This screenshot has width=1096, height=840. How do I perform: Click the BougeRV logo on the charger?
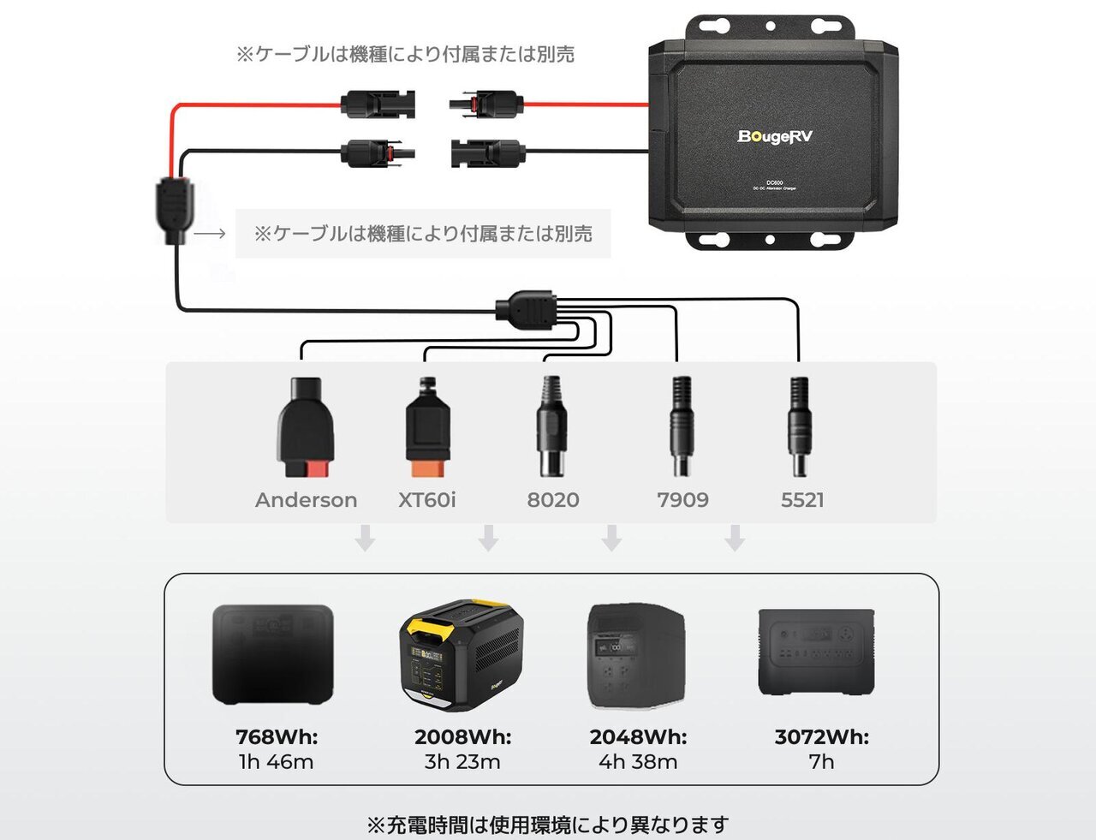pyautogui.click(x=775, y=137)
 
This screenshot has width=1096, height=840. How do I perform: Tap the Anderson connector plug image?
pyautogui.click(x=305, y=427)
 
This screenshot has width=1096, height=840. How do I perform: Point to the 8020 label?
pyautogui.click(x=553, y=500)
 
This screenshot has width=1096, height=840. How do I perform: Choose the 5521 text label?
pyautogui.click(x=802, y=500)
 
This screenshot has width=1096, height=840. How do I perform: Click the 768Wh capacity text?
pyautogui.click(x=277, y=737)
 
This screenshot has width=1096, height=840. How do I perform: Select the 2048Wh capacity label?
pyautogui.click(x=638, y=737)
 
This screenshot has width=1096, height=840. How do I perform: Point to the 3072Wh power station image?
pyautogui.click(x=816, y=652)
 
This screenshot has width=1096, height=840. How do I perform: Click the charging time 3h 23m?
pyautogui.click(x=462, y=762)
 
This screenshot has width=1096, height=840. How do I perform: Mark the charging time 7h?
pyautogui.click(x=821, y=762)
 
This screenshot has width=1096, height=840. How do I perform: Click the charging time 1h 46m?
pyautogui.click(x=277, y=762)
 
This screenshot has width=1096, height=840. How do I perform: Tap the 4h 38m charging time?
pyautogui.click(x=638, y=762)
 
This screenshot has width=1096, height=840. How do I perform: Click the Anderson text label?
pyautogui.click(x=306, y=500)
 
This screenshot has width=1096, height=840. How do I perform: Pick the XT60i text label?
pyautogui.click(x=427, y=500)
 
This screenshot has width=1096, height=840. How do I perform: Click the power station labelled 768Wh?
pyautogui.click(x=273, y=654)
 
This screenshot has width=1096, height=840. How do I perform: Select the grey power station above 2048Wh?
pyautogui.click(x=636, y=657)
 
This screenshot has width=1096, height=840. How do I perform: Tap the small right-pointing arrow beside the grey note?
pyautogui.click(x=210, y=234)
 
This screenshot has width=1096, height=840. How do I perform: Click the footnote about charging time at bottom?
pyautogui.click(x=548, y=825)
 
